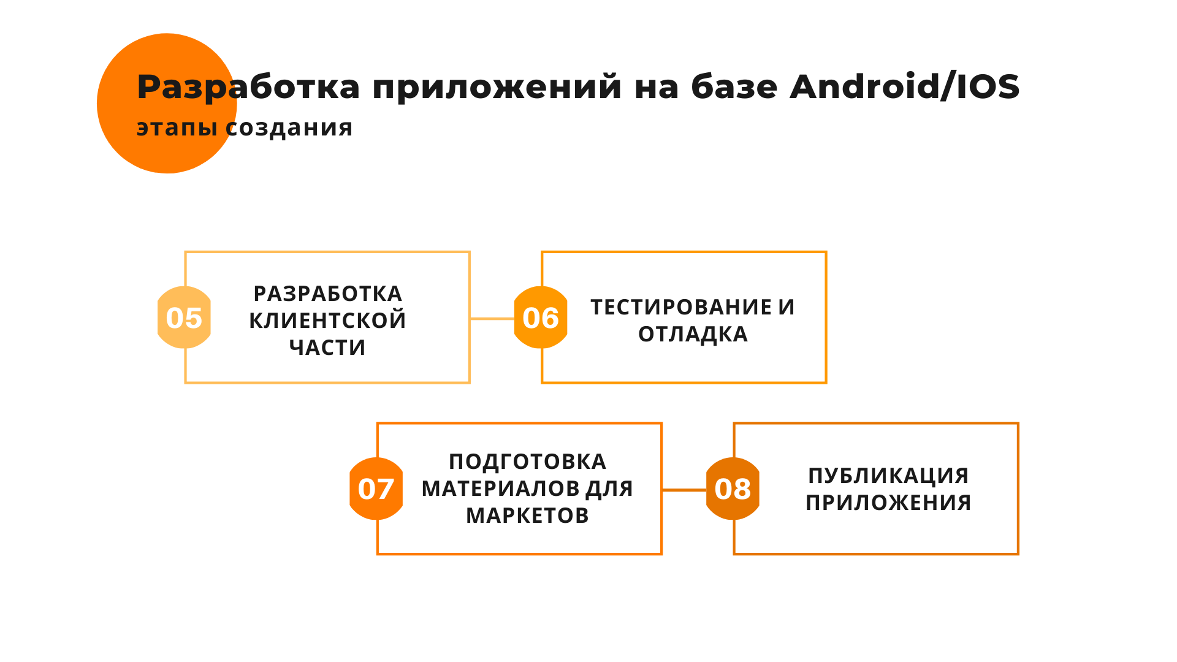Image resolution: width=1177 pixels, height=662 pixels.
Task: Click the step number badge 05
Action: (x=184, y=318)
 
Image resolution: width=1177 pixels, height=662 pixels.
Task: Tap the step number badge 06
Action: (x=541, y=318)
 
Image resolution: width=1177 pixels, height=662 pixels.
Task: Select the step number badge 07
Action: (x=376, y=489)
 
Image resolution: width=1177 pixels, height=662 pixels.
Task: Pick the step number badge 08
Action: (x=733, y=489)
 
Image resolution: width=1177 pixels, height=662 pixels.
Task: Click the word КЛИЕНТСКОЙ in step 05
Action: (x=327, y=321)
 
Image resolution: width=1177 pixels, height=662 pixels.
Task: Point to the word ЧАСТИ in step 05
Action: (x=327, y=348)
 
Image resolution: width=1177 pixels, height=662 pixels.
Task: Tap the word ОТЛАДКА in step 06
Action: (x=693, y=334)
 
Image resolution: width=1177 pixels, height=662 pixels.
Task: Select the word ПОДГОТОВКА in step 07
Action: (x=527, y=462)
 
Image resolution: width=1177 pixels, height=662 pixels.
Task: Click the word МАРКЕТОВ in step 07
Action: (x=527, y=516)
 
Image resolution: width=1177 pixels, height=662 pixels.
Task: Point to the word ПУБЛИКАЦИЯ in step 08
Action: (x=888, y=476)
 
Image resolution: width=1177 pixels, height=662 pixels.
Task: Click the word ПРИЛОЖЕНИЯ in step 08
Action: (x=888, y=503)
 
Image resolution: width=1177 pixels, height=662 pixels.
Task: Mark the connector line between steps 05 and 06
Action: (x=492, y=319)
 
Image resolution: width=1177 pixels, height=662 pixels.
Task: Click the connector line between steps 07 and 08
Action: (x=684, y=490)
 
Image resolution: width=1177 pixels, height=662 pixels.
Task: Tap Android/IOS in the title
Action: (x=905, y=86)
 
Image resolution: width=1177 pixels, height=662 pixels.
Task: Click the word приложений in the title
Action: (x=497, y=88)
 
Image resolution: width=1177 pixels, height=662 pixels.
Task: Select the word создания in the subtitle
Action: (x=289, y=127)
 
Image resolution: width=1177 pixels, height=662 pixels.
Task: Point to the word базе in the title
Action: (x=734, y=86)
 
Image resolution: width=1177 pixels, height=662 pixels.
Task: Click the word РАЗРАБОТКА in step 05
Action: (x=327, y=294)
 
